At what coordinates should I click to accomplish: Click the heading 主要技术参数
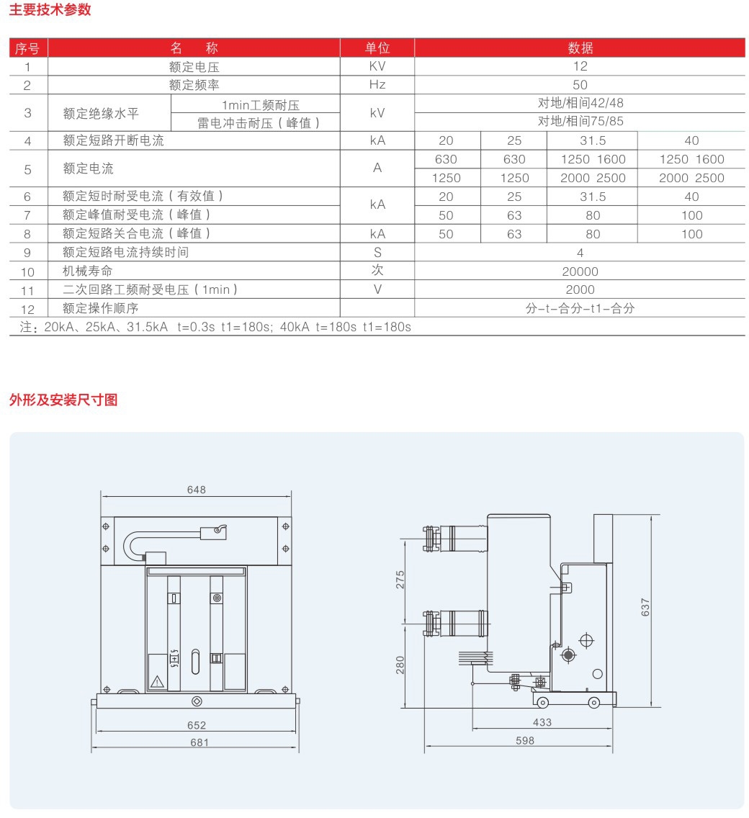(x=50, y=11)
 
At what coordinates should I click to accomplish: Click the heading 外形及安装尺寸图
(x=63, y=400)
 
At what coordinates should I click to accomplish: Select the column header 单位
(x=377, y=48)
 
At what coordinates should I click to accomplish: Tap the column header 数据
(x=580, y=48)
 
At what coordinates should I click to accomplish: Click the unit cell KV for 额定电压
(x=377, y=66)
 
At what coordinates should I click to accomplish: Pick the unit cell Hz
(x=377, y=85)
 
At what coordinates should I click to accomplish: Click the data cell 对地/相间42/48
(x=580, y=104)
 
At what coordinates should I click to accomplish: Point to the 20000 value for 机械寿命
(x=580, y=271)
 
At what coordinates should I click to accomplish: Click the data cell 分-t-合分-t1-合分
(x=580, y=309)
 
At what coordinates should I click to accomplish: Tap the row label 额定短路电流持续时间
(x=125, y=253)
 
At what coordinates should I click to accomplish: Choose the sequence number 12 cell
(x=28, y=309)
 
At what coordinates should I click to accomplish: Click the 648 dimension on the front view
(x=196, y=490)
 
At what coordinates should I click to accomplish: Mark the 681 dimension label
(x=197, y=742)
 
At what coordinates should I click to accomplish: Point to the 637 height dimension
(x=645, y=607)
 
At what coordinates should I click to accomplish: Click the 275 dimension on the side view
(x=400, y=580)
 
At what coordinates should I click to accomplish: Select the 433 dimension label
(x=542, y=722)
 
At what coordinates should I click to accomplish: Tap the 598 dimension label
(x=525, y=740)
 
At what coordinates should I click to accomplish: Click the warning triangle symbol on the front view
(x=157, y=680)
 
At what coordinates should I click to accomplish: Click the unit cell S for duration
(x=377, y=253)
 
